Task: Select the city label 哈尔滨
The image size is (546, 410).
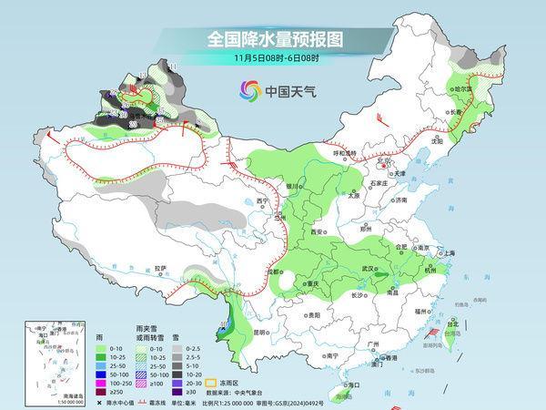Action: [x=464, y=89]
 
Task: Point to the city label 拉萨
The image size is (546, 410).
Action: [x=161, y=268]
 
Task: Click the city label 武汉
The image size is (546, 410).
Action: [x=369, y=269]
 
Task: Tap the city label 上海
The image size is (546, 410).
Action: [x=447, y=252]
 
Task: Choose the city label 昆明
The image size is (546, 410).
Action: [x=262, y=330]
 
